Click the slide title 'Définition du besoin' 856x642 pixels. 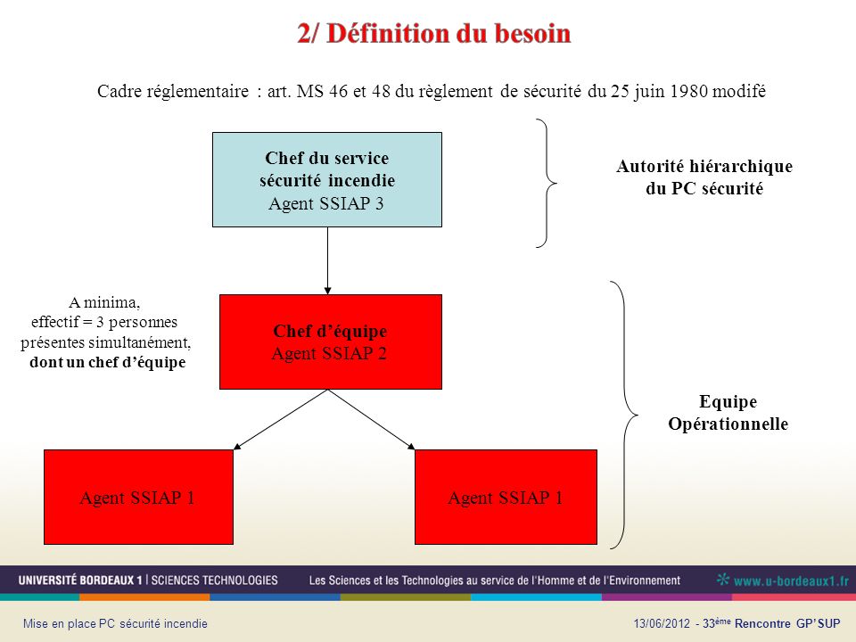[449, 33]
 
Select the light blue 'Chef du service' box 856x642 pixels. [327, 179]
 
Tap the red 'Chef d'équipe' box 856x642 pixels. [330, 342]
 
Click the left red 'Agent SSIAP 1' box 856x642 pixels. [139, 497]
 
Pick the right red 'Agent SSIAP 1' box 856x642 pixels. [506, 497]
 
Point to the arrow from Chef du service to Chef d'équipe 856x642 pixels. [327, 261]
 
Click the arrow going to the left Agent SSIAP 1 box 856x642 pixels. [281, 420]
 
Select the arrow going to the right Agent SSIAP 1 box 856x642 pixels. [371, 420]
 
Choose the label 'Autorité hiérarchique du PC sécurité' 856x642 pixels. [704, 177]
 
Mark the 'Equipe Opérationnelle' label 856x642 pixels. [728, 413]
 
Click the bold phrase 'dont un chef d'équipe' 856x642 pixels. [108, 363]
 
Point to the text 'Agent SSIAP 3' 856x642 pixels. [326, 203]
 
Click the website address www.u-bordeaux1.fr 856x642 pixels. [791, 580]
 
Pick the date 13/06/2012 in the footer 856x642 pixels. [662, 623]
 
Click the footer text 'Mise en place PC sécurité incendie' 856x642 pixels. [115, 623]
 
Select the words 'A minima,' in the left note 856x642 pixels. [104, 302]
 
